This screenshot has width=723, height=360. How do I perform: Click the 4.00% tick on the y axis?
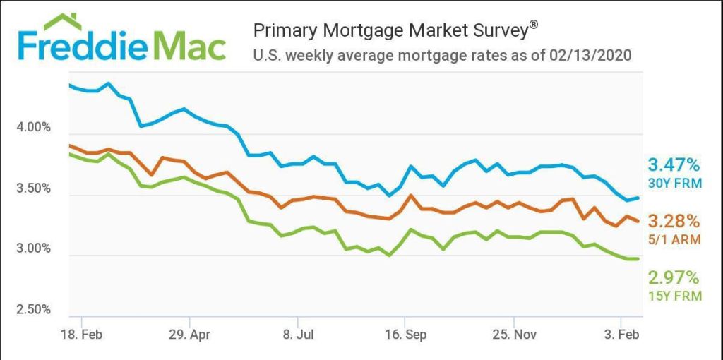[33, 128]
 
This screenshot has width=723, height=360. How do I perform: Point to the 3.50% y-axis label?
[33, 188]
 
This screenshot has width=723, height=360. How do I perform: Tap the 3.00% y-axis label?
[33, 248]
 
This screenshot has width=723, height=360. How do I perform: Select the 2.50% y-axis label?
[33, 309]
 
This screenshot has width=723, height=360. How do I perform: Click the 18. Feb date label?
[81, 334]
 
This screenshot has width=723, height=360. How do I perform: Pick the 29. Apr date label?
[189, 334]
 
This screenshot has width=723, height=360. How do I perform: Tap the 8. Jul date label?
[298, 334]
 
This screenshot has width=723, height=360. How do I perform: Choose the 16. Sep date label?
[406, 334]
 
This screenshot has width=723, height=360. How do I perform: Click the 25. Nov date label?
[514, 334]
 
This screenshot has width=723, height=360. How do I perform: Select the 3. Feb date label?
[622, 334]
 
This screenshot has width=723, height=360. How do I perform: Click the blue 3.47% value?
[674, 165]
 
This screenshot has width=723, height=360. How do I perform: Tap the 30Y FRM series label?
[674, 184]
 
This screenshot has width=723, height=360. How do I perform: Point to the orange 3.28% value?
[674, 221]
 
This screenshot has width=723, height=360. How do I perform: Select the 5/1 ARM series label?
[675, 239]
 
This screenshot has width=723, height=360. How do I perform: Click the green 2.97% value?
[674, 277]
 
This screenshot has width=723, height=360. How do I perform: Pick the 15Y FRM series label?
[675, 296]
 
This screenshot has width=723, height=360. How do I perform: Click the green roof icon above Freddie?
[62, 23]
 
